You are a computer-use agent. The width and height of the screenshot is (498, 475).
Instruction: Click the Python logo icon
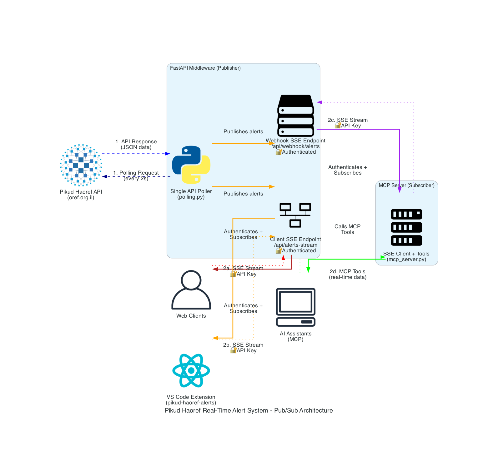coord(191,165)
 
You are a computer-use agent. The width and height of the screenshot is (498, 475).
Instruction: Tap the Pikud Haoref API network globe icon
coord(81,165)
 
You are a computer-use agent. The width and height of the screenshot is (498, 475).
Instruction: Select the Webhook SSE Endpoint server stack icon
coord(295,116)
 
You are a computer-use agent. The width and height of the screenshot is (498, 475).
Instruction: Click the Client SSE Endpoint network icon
coord(295,215)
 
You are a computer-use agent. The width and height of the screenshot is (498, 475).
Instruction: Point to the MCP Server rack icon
coord(406,227)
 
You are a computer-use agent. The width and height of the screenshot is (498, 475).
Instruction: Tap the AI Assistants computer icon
coord(295,307)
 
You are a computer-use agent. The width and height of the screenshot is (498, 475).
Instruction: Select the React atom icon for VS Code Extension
coord(191,370)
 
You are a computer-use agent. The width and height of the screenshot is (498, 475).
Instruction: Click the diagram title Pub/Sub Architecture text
coord(249,410)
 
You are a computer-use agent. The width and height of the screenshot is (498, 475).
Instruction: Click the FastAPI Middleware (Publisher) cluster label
coord(205,68)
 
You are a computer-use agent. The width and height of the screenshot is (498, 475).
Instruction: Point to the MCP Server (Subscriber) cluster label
coord(406,185)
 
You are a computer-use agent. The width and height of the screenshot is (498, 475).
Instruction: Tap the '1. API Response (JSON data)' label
coord(136,144)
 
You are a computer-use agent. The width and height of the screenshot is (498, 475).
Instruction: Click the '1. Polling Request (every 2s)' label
coord(136,176)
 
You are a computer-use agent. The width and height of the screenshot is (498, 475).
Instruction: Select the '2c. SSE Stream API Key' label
coord(348,123)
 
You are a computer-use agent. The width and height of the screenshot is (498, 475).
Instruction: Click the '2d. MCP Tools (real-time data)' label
coord(347,274)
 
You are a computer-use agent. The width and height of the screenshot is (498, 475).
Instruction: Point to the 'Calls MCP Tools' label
coord(347,229)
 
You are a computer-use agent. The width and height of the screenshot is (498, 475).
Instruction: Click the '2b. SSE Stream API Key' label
coord(243,348)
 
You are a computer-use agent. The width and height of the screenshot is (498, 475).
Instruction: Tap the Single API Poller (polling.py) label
coord(191,194)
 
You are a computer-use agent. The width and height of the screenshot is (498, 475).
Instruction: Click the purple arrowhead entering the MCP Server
coord(400,190)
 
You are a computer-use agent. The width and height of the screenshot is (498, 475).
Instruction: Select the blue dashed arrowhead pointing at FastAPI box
coord(168,154)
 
